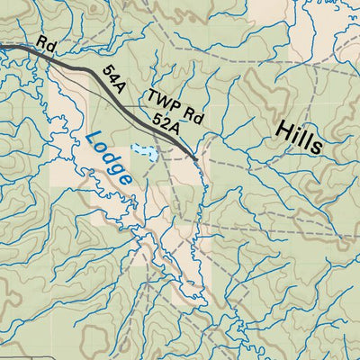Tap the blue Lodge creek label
click(x=111, y=158)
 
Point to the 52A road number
click(x=166, y=122)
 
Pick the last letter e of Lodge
click(x=125, y=178)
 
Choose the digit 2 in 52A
click(x=166, y=122)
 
